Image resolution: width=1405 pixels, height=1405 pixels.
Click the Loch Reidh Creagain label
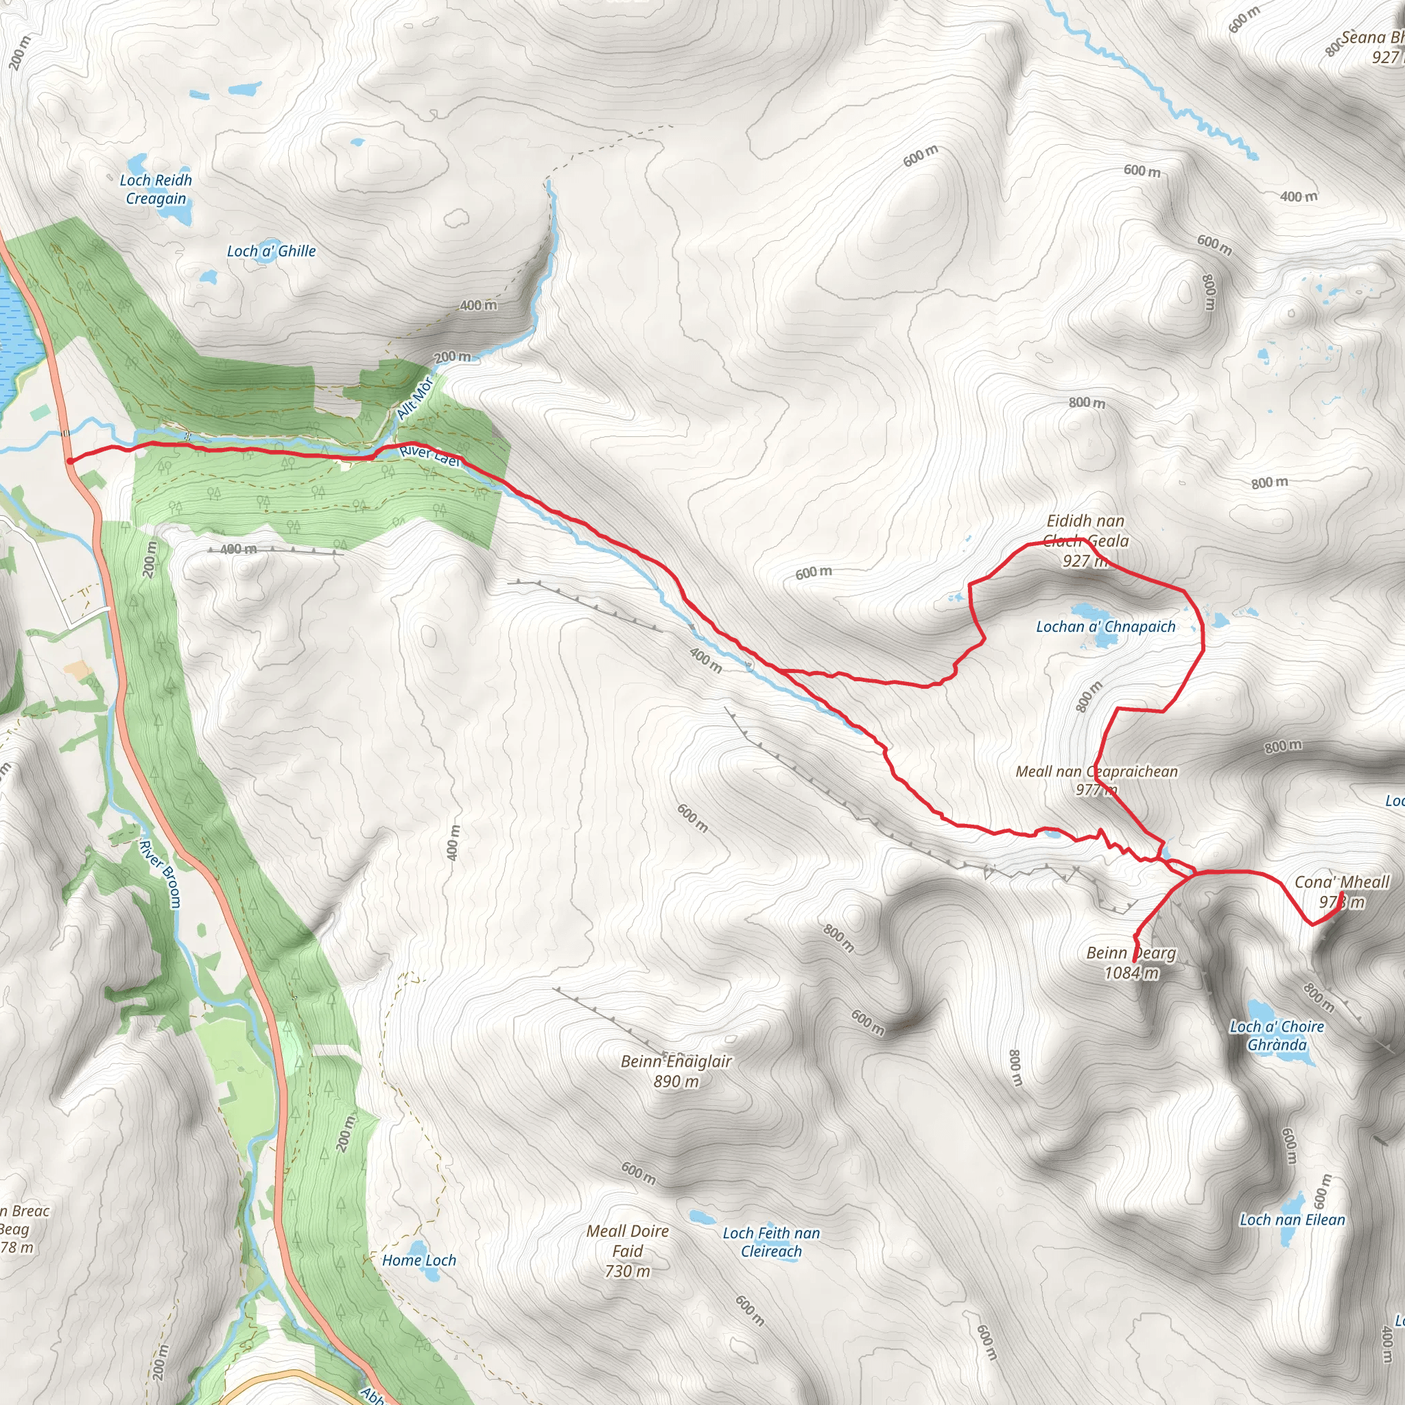[156, 189]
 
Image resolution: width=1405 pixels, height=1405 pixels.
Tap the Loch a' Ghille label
[271, 251]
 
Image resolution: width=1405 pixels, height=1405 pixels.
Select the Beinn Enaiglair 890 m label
[676, 1071]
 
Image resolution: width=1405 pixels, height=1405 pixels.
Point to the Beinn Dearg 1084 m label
[1131, 963]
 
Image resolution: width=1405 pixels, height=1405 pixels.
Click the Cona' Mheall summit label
[1342, 892]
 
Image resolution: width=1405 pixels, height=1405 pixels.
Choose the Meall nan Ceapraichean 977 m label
[1097, 780]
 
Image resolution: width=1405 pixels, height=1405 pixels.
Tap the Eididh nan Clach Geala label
[1086, 541]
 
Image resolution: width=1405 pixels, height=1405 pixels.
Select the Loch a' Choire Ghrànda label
[1277, 1035]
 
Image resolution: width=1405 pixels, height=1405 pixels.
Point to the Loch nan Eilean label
[1292, 1220]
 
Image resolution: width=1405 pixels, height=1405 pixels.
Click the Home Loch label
[419, 1260]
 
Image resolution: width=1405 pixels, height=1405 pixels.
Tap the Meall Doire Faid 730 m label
[628, 1251]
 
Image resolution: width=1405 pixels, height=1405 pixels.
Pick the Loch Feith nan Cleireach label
[771, 1242]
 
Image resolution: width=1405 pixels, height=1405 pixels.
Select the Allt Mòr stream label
[414, 399]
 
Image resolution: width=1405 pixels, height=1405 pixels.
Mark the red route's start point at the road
[69, 460]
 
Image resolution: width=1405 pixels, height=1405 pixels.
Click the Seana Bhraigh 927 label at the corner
[1371, 47]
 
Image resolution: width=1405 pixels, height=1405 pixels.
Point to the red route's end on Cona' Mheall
[1341, 893]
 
